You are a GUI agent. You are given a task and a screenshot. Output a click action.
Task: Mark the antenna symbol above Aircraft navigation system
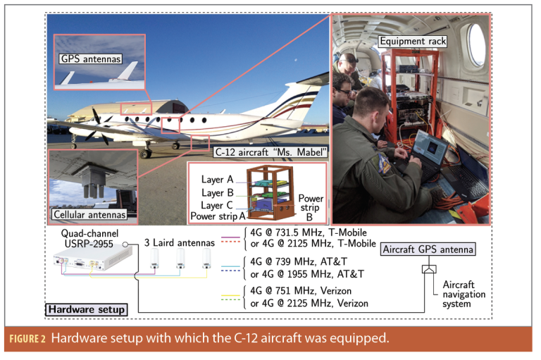click(x=428, y=269)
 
